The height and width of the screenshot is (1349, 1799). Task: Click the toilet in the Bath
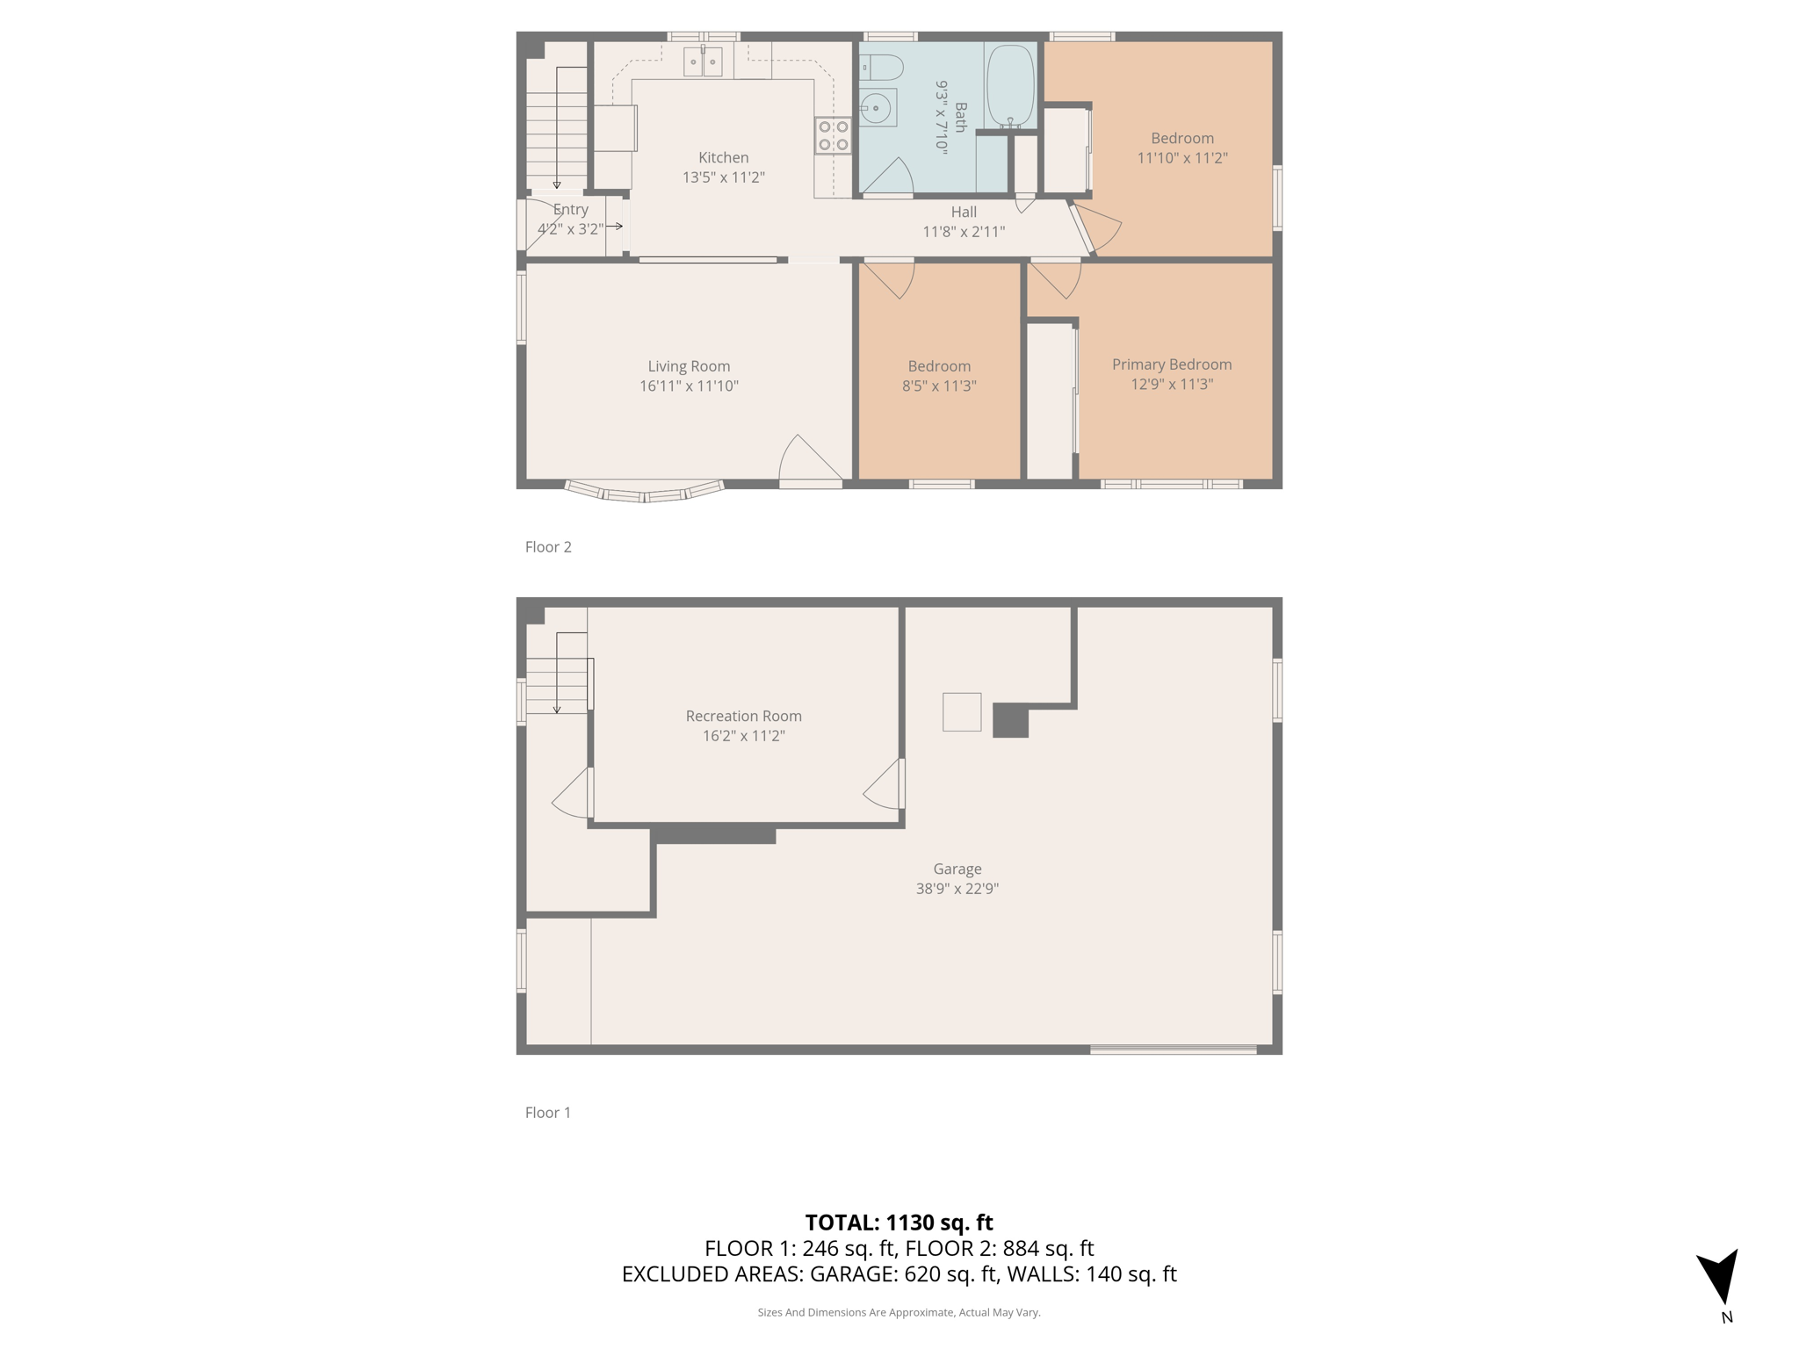[x=881, y=67]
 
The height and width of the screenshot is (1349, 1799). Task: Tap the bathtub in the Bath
[x=1010, y=84]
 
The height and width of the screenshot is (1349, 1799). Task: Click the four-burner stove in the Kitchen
[x=833, y=135]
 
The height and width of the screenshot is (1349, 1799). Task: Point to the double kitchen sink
[x=703, y=61]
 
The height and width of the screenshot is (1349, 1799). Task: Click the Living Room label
[x=689, y=366]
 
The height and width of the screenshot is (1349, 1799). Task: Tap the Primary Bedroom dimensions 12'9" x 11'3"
[x=1172, y=384]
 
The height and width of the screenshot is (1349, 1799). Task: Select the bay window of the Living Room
[x=645, y=492]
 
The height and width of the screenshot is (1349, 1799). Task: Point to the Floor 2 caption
[x=548, y=547]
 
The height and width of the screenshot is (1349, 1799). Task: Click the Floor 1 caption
[x=548, y=1113]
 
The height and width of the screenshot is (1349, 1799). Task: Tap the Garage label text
[x=957, y=869]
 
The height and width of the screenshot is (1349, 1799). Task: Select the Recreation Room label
[x=743, y=716]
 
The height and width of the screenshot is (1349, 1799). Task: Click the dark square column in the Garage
[x=1010, y=720]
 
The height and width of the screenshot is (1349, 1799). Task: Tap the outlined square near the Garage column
[x=962, y=712]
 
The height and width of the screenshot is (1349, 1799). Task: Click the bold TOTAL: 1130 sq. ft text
[x=899, y=1223]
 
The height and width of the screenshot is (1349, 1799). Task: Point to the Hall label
[x=964, y=212]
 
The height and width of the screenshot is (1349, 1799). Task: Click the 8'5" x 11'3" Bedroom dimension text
[x=939, y=386]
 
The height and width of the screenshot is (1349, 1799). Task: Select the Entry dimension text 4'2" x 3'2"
[x=570, y=229]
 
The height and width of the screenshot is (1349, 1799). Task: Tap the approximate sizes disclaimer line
[x=899, y=1312]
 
